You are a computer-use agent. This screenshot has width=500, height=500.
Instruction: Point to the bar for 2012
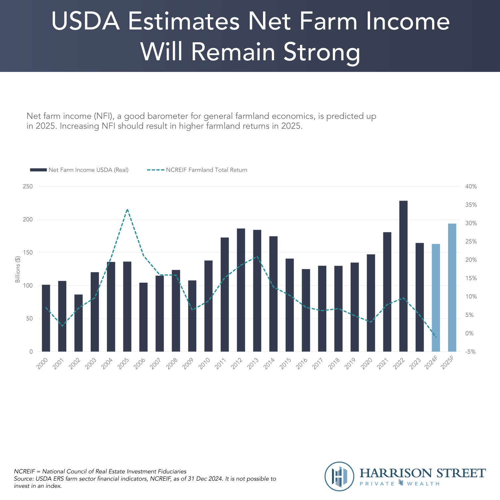pos(241,290)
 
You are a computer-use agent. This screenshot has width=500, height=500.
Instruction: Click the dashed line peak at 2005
pos(127,209)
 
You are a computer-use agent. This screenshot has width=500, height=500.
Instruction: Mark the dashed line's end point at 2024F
pos(436,337)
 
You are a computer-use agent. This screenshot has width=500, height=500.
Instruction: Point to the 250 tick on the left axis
pos(28,186)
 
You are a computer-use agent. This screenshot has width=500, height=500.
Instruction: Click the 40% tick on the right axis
pos(471,186)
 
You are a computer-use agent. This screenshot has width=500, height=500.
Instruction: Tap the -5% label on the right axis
pos(470,352)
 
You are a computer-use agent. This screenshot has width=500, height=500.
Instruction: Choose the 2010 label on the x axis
pos(204,363)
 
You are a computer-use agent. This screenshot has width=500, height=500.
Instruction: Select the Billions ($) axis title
pos(18,269)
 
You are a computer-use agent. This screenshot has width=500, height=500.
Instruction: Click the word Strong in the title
pos(322,52)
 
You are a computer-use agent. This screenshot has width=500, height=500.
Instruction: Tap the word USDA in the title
pos(86,21)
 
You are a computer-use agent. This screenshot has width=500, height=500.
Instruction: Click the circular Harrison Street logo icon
pos(339,476)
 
